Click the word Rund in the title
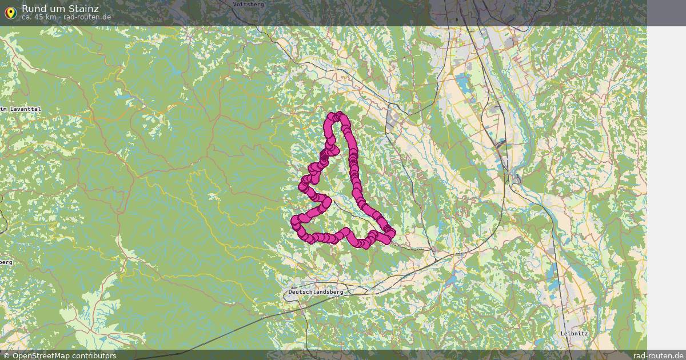coord(33,9)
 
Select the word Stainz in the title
coord(85,9)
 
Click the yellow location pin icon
coord(10,12)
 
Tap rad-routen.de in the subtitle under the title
coord(87,17)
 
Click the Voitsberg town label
coord(249,4)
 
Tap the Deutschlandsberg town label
coord(316,291)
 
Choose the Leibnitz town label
coord(575,333)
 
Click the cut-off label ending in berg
coord(6,262)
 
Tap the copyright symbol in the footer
coord(6,356)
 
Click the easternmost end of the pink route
coord(392,233)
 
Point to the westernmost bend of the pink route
coord(295,221)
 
